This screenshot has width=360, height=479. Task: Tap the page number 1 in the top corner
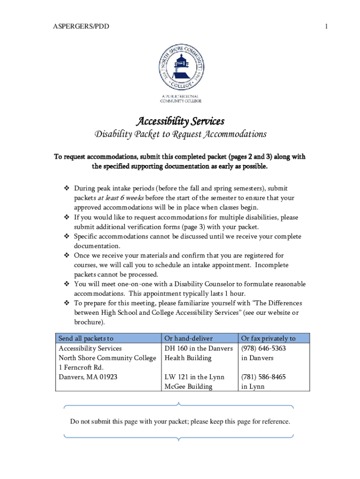click(x=326, y=27)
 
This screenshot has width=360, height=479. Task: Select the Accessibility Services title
click(x=180, y=122)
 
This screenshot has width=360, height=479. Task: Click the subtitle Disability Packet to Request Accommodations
click(x=180, y=135)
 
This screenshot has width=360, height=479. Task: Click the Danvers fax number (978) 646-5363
click(x=263, y=348)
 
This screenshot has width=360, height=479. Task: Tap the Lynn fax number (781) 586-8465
click(x=263, y=377)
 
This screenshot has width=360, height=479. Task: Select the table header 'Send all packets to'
click(x=86, y=338)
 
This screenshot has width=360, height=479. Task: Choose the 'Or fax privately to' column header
click(x=268, y=338)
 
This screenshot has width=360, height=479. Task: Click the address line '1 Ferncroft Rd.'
click(x=81, y=367)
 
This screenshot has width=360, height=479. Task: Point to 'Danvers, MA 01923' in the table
click(x=87, y=377)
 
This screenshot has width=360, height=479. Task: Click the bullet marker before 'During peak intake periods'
click(x=66, y=189)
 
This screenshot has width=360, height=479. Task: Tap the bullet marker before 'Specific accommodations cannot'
click(x=66, y=236)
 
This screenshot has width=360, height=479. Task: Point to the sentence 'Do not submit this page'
click(x=180, y=421)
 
